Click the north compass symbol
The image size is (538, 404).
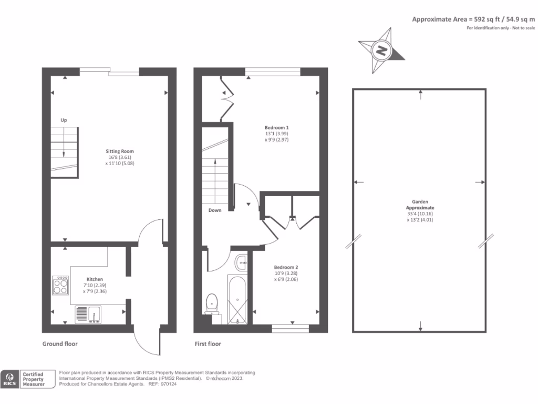(382, 51)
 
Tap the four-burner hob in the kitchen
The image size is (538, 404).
(60, 285)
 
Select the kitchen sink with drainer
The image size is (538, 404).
(88, 314)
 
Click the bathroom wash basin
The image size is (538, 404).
(242, 261)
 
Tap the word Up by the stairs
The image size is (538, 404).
(64, 120)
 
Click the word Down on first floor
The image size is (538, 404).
(214, 210)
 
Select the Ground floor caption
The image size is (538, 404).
(60, 344)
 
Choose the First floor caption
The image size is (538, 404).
(208, 344)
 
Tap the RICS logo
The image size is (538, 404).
(9, 379)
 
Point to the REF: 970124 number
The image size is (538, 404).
(178, 384)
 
